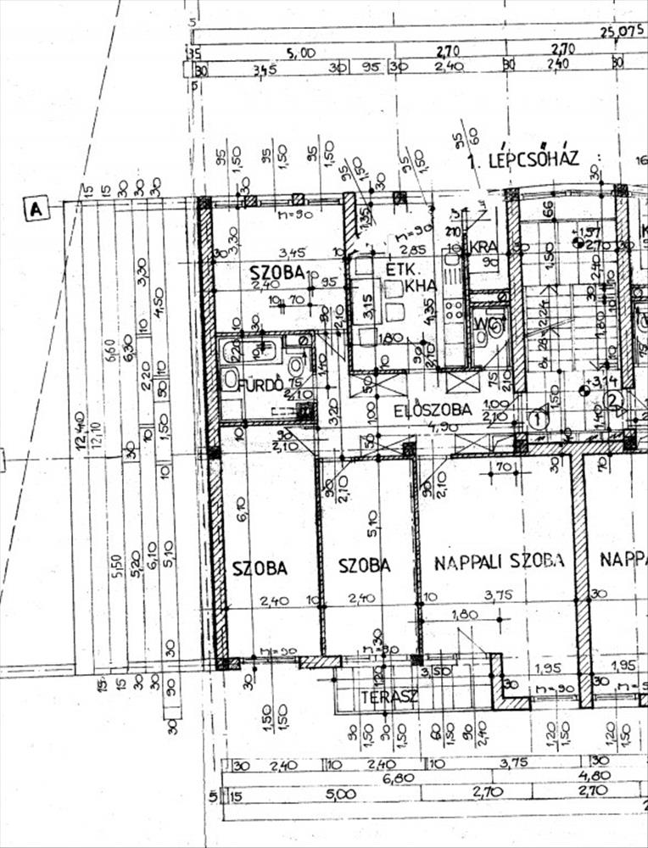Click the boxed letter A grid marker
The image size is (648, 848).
(x=36, y=209)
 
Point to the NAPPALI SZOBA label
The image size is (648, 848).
(x=499, y=561)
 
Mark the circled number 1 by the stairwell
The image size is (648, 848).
(x=535, y=417)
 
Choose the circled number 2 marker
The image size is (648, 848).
(x=614, y=401)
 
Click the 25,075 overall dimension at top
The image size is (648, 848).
(x=621, y=32)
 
